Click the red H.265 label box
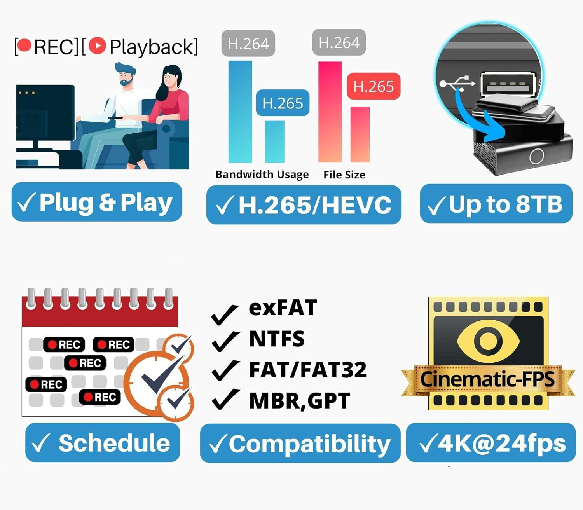[x=374, y=86]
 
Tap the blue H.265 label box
[x=283, y=103]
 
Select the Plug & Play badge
[x=97, y=202]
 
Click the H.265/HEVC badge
[x=304, y=205]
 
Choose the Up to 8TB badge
[x=496, y=204]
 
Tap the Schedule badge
[x=103, y=443]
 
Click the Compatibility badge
[x=300, y=444]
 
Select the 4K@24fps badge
[x=491, y=443]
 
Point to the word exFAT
[x=283, y=307]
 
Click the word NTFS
[x=277, y=339]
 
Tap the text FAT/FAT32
[x=307, y=370]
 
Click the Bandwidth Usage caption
[x=262, y=175]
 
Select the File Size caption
[x=344, y=175]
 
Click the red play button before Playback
[x=97, y=45]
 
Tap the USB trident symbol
[x=457, y=83]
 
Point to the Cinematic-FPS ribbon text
[x=487, y=379]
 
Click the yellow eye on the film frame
[x=488, y=341]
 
